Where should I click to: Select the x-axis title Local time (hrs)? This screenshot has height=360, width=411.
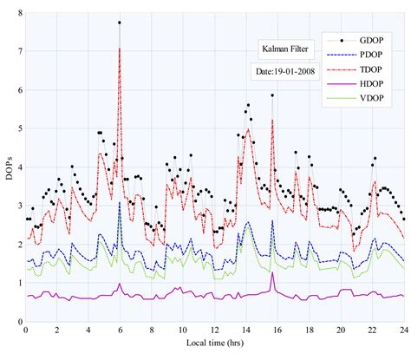[x=214, y=349]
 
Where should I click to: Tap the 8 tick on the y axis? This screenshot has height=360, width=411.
[x=19, y=13]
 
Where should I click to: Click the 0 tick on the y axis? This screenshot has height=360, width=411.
[x=19, y=322]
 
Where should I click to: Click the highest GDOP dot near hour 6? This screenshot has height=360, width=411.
[x=120, y=23]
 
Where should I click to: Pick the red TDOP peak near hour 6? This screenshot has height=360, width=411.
[x=120, y=49]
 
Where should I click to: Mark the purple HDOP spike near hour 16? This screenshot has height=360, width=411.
[x=272, y=273]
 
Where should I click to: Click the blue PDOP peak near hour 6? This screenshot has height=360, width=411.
[x=120, y=203]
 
